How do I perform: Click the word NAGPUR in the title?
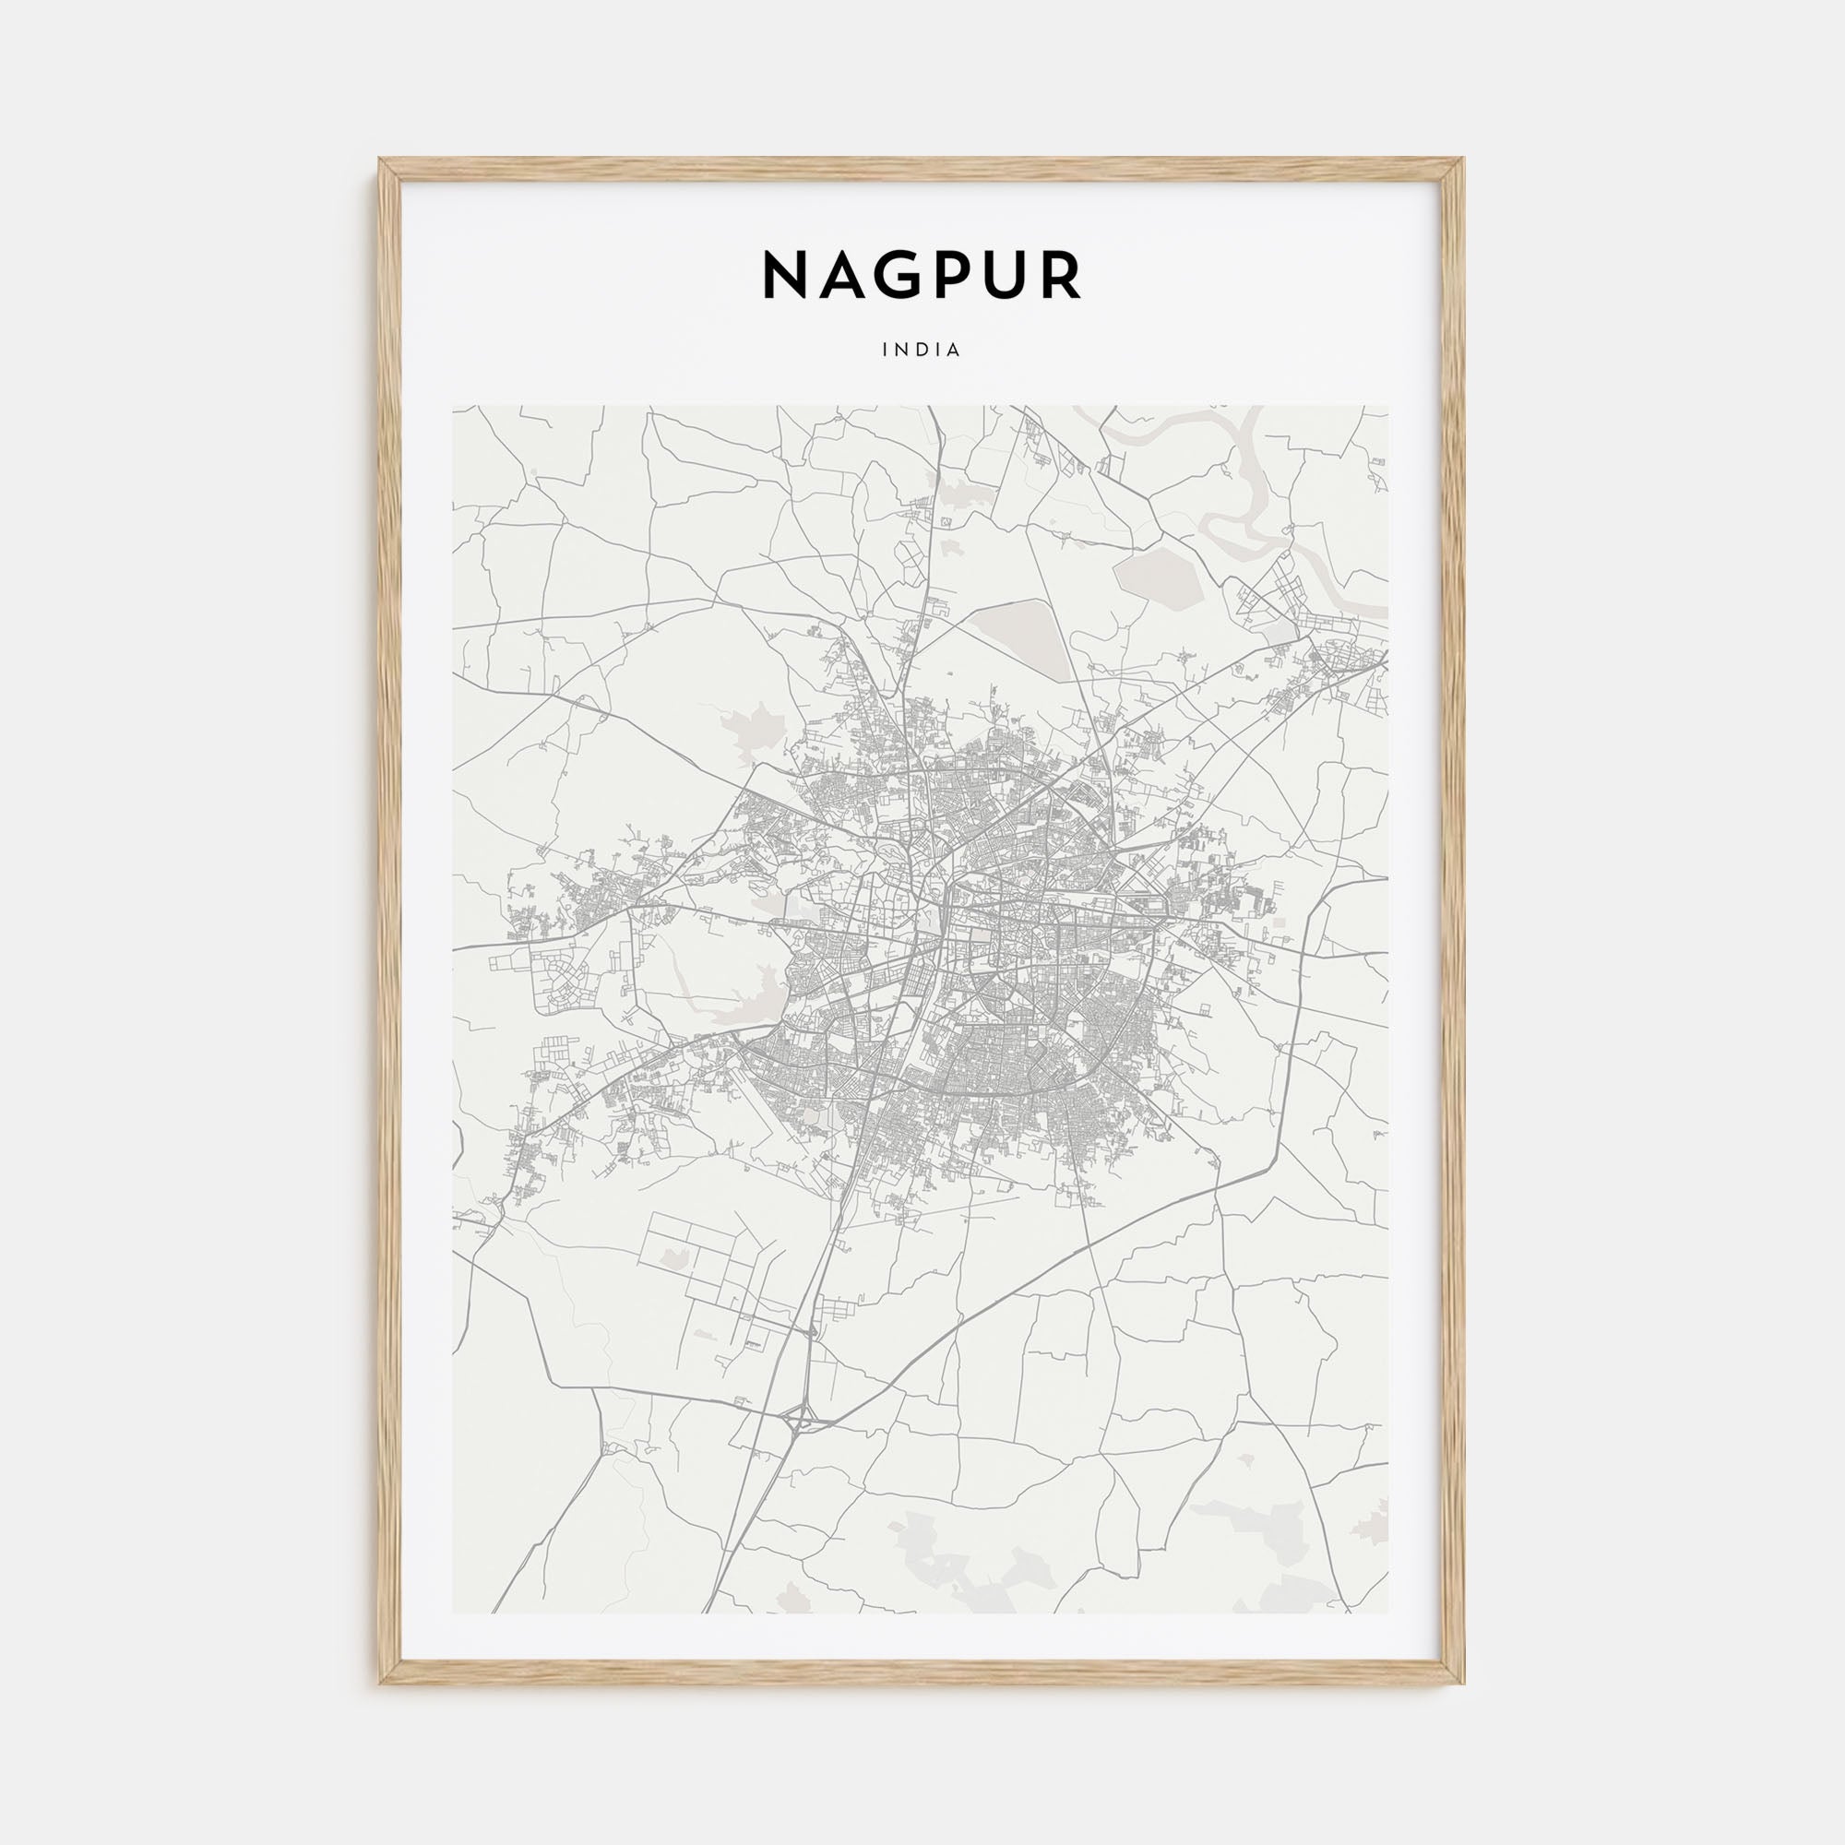922,276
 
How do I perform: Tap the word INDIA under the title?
922,351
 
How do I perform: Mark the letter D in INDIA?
922,351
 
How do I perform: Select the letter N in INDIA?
902,351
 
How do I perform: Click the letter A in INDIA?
954,351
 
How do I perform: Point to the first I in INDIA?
887,351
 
